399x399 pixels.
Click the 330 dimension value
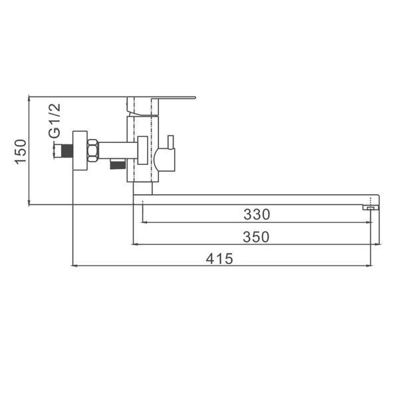(x=257, y=215)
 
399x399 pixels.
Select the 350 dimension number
(x=256, y=237)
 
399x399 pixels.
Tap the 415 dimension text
(x=219, y=259)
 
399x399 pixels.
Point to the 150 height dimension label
(x=21, y=152)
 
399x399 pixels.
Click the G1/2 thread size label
(x=55, y=120)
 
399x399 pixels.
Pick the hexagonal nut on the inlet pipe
(x=92, y=150)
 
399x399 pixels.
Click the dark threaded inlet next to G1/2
(x=67, y=151)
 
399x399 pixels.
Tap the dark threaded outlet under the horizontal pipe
(x=118, y=164)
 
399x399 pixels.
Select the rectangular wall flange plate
(x=80, y=150)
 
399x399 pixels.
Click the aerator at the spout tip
(x=371, y=208)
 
